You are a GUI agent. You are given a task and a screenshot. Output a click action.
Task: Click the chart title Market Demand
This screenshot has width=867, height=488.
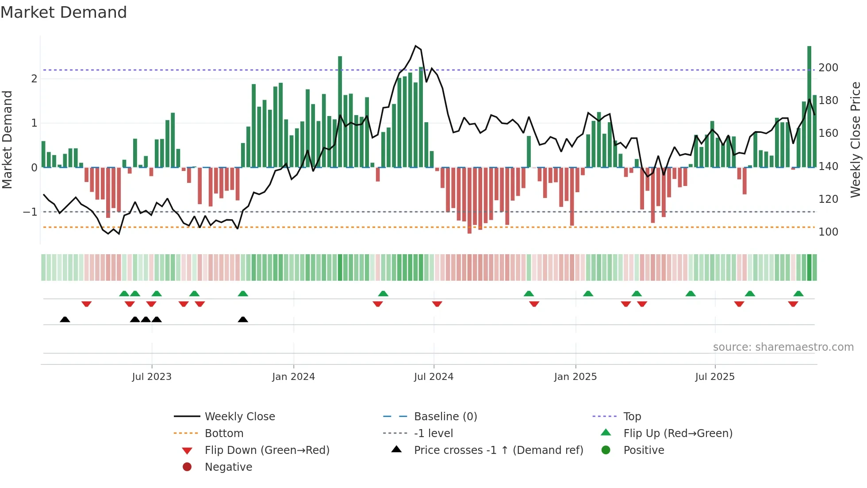[64, 12]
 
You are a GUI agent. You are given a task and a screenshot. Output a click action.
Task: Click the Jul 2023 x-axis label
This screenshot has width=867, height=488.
[152, 377]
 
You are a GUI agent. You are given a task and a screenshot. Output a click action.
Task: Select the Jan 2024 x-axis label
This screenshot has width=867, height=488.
[293, 377]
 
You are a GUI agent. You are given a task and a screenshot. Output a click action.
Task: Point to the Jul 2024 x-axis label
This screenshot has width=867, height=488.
[433, 377]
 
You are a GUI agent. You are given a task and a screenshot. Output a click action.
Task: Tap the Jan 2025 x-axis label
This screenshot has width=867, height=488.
[575, 377]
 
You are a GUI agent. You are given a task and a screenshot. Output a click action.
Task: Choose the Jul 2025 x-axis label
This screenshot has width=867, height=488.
[715, 377]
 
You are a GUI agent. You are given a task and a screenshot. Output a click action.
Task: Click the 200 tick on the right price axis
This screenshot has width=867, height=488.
[828, 68]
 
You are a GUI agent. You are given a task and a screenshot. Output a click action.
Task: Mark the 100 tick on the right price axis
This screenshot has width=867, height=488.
[828, 232]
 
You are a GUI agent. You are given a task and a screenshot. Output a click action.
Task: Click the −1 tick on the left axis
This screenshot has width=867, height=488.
[30, 212]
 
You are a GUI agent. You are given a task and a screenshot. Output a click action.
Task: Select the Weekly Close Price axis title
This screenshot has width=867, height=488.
[855, 139]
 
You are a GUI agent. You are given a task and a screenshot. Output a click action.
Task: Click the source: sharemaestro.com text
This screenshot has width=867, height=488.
[783, 347]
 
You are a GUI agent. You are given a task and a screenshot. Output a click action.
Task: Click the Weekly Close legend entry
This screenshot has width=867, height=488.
[239, 417]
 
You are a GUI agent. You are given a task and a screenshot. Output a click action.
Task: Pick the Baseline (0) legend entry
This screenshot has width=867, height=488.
[445, 417]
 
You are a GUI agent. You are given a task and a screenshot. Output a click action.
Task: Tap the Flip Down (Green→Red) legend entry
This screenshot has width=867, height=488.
[267, 450]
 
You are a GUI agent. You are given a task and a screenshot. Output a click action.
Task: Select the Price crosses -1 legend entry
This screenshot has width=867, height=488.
[498, 450]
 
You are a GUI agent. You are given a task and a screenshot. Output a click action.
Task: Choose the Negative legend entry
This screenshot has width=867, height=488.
[228, 467]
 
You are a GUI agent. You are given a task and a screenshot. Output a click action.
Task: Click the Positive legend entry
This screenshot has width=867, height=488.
[644, 450]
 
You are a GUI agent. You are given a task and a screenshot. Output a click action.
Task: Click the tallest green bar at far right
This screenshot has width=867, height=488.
[809, 106]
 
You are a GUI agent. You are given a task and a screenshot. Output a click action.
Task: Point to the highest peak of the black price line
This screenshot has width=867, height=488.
[415, 46]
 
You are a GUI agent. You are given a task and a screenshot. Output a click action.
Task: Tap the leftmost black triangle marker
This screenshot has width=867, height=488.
[65, 319]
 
